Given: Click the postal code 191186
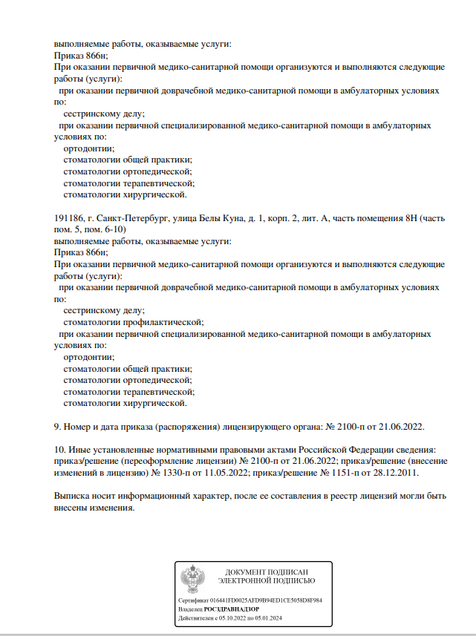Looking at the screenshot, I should click(68, 220).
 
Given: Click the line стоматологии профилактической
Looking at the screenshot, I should click(134, 322).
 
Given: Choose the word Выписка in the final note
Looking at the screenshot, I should click(74, 496).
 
